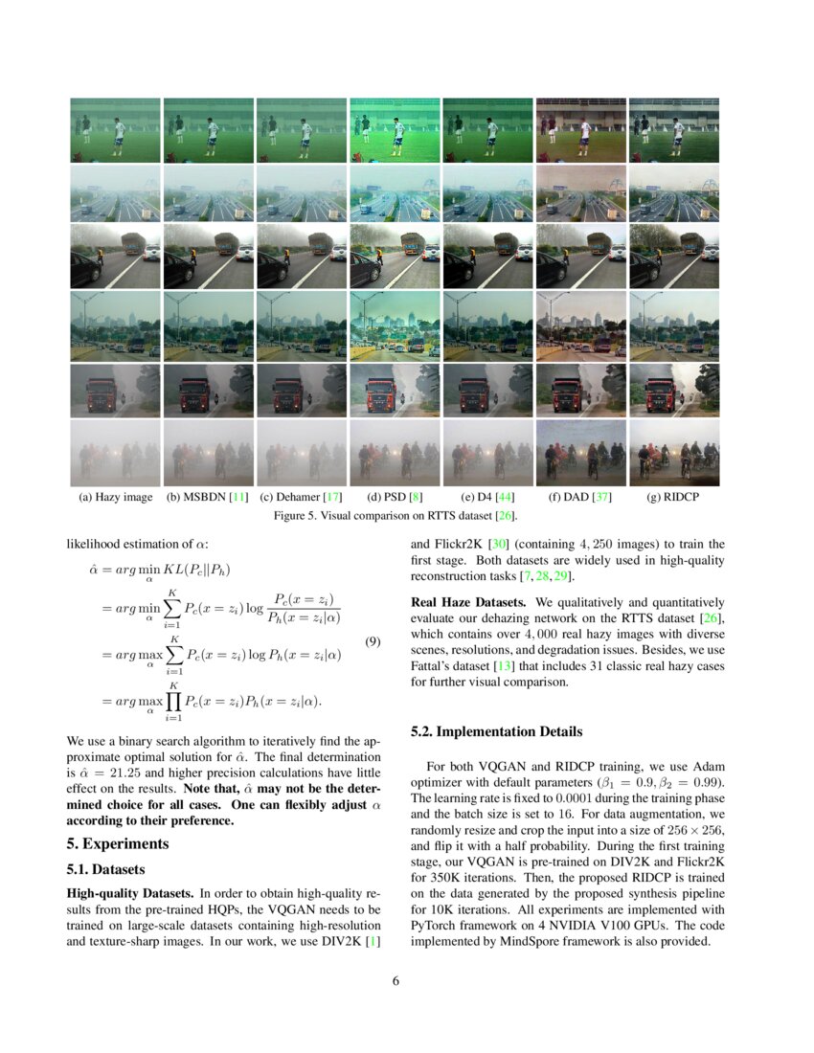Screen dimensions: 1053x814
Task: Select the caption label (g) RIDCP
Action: pyautogui.click(x=672, y=498)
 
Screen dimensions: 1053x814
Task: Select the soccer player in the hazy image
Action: pyautogui.click(x=119, y=135)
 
